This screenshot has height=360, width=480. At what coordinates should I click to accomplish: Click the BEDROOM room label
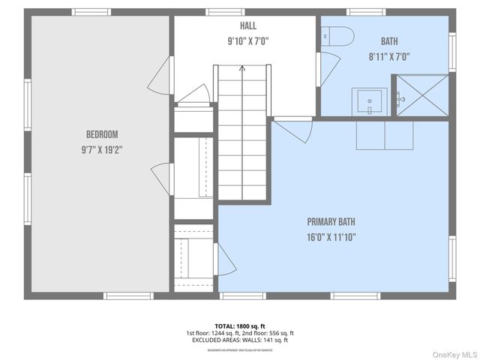tap(101, 134)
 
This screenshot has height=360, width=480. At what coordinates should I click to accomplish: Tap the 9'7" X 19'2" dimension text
tap(101, 149)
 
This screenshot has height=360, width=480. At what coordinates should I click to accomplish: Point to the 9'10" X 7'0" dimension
tap(247, 42)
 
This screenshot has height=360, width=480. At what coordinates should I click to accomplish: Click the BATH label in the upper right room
tap(389, 41)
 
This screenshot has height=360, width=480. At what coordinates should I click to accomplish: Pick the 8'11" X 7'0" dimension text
tap(389, 56)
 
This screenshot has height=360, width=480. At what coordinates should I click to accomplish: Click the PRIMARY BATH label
tap(331, 222)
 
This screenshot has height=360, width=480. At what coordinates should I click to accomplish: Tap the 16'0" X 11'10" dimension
tap(331, 237)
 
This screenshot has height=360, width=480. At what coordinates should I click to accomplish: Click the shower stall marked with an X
tap(421, 95)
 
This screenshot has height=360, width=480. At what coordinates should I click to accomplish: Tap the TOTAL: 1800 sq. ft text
tap(239, 326)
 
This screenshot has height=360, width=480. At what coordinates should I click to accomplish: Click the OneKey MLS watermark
tap(451, 352)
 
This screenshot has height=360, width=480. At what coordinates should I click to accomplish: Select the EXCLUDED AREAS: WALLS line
tap(239, 340)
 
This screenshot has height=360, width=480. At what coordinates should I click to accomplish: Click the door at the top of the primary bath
tap(298, 130)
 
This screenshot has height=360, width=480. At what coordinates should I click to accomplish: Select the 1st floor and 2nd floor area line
tap(239, 333)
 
